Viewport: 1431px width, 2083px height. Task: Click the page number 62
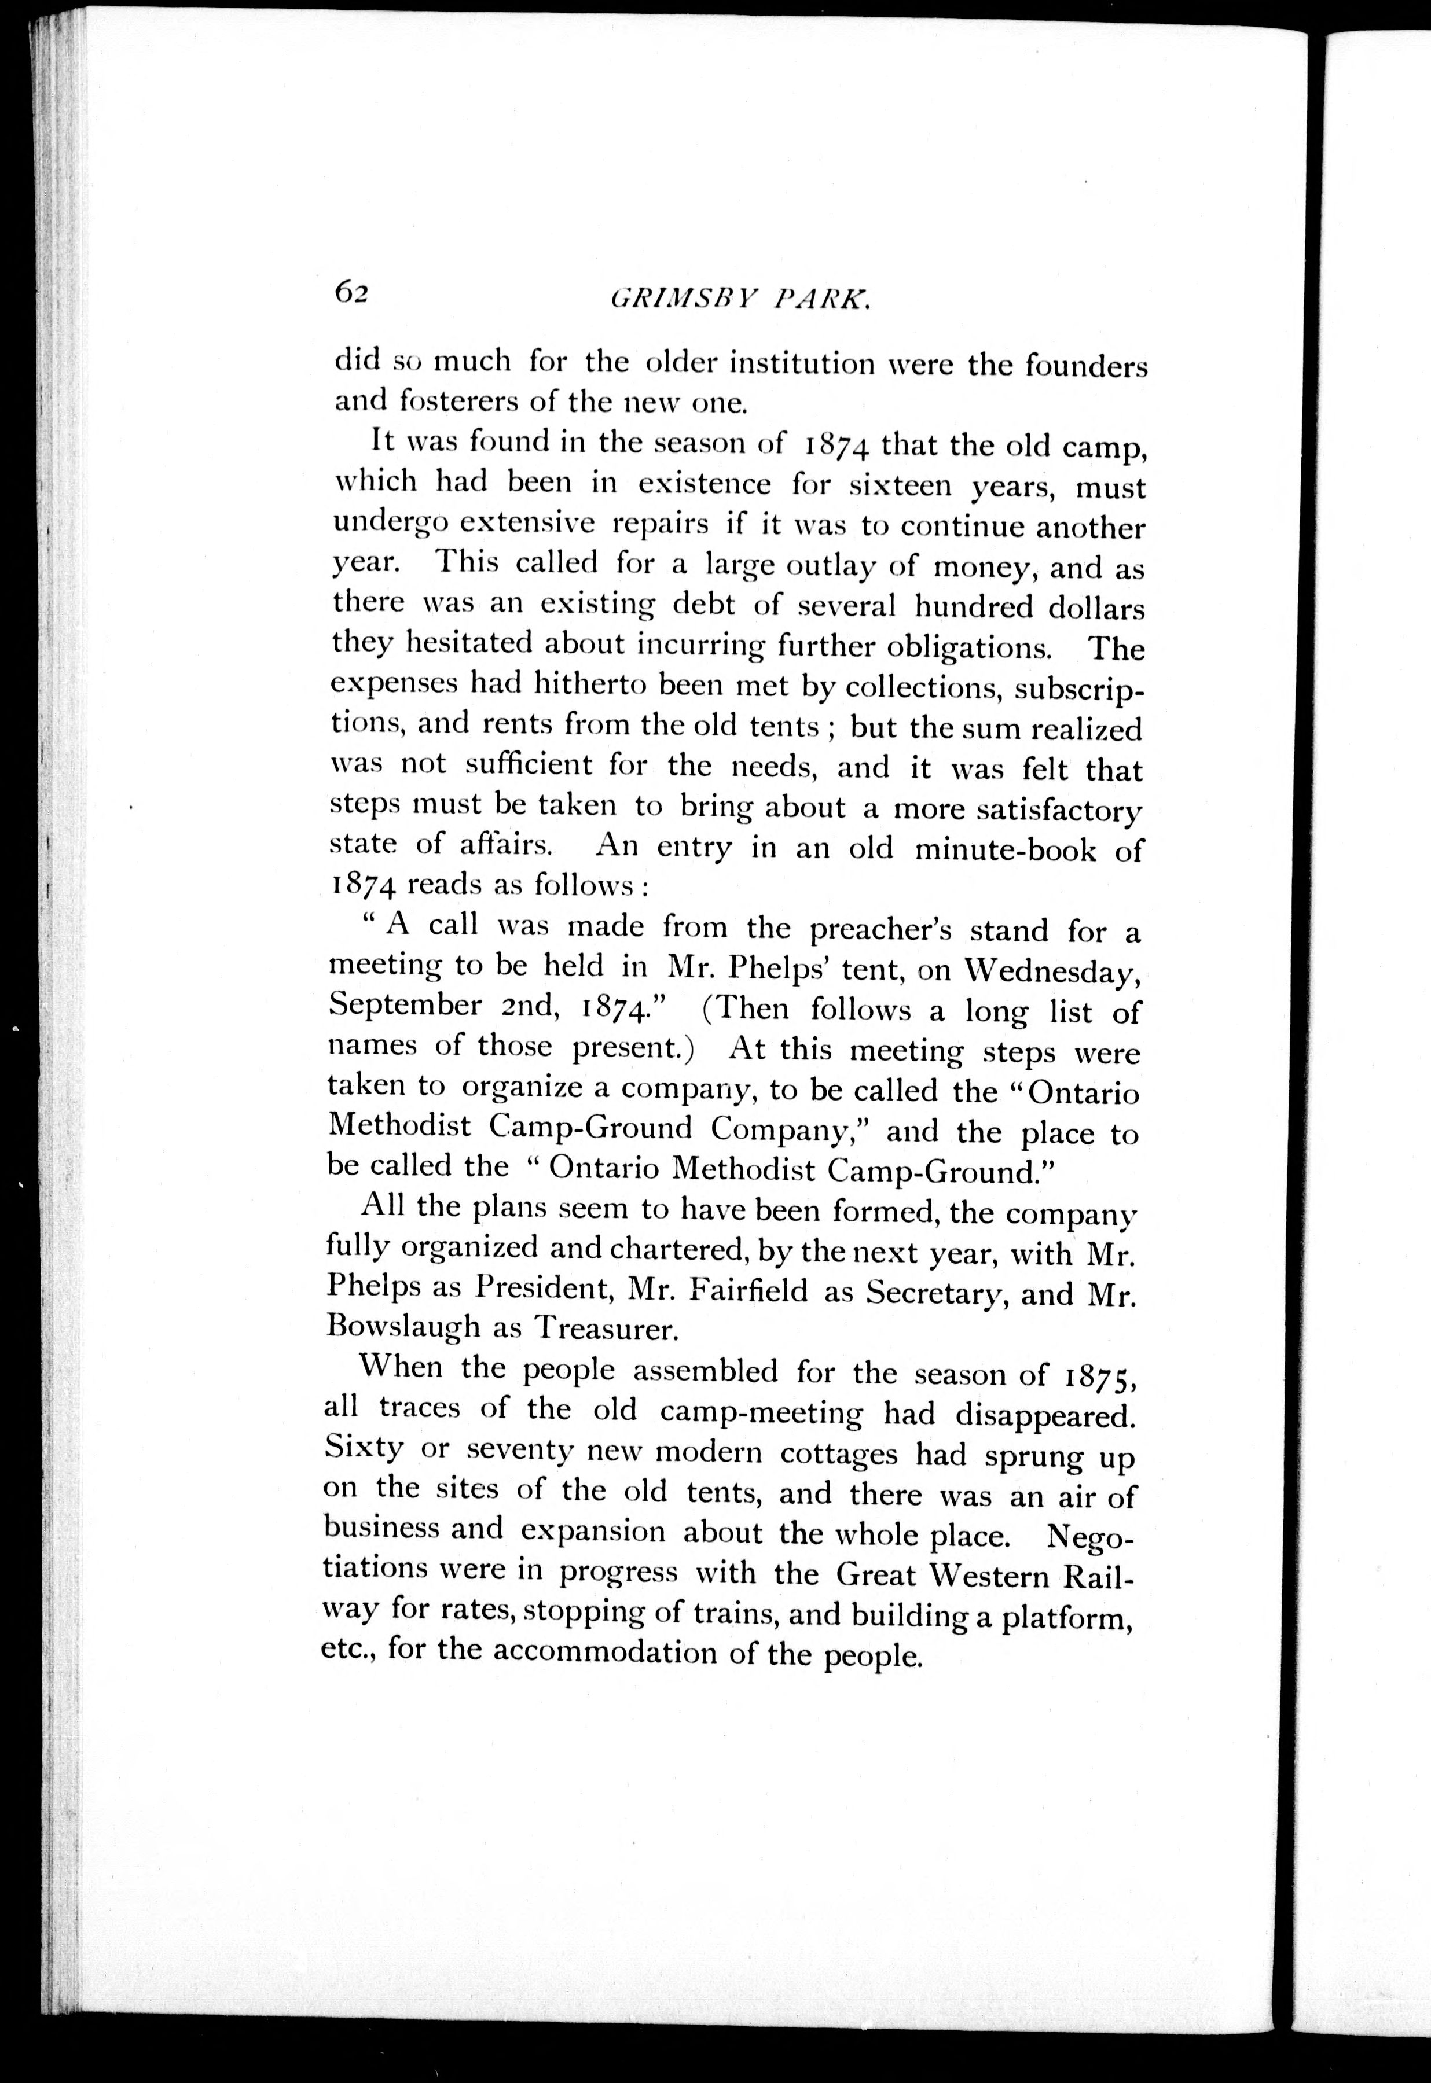coord(351,292)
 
